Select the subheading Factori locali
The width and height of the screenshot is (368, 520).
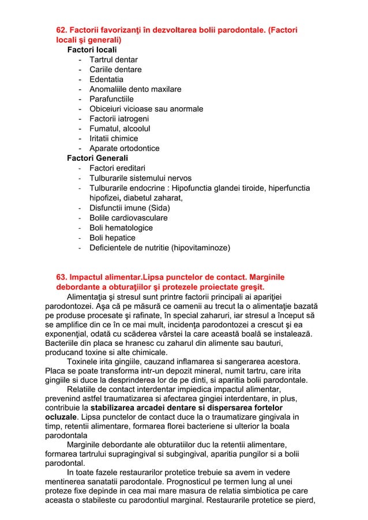pyautogui.click(x=92, y=50)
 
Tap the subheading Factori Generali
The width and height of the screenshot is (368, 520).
pyautogui.click(x=97, y=158)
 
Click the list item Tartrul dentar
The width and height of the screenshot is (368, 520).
pyautogui.click(x=114, y=59)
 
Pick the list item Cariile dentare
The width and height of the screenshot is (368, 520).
pyautogui.click(x=115, y=69)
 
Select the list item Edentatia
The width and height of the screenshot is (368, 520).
pyautogui.click(x=106, y=79)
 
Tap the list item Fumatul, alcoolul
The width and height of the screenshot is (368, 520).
pyautogui.click(x=119, y=129)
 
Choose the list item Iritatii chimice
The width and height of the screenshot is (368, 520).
pyautogui.click(x=114, y=138)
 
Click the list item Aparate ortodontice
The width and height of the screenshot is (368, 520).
pyautogui.click(x=125, y=148)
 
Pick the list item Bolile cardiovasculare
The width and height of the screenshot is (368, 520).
pyautogui.click(x=129, y=218)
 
